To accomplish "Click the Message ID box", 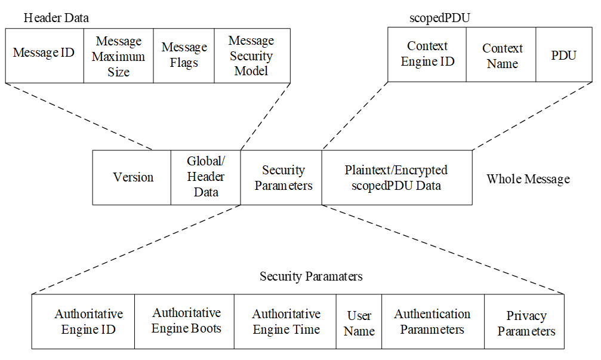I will pyautogui.click(x=44, y=55).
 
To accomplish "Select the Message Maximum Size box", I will pyautogui.click(x=119, y=56).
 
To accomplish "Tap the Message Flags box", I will pyautogui.click(x=184, y=55).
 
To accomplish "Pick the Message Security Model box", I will pyautogui.click(x=252, y=55).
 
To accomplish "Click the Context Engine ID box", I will pyautogui.click(x=427, y=54).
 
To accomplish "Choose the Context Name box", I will pyautogui.click(x=501, y=55).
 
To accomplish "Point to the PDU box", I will pyautogui.click(x=563, y=55).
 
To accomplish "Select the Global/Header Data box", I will pyautogui.click(x=206, y=177).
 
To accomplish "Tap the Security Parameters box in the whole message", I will pyautogui.click(x=282, y=177).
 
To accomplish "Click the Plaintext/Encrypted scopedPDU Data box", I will pyautogui.click(x=396, y=177).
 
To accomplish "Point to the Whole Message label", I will pyautogui.click(x=528, y=179).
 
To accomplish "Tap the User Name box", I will pyautogui.click(x=359, y=322).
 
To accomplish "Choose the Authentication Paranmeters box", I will pyautogui.click(x=433, y=321).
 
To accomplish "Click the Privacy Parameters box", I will pyautogui.click(x=524, y=322).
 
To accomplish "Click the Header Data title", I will pyautogui.click(x=56, y=18).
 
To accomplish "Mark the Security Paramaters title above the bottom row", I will pyautogui.click(x=311, y=276).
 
